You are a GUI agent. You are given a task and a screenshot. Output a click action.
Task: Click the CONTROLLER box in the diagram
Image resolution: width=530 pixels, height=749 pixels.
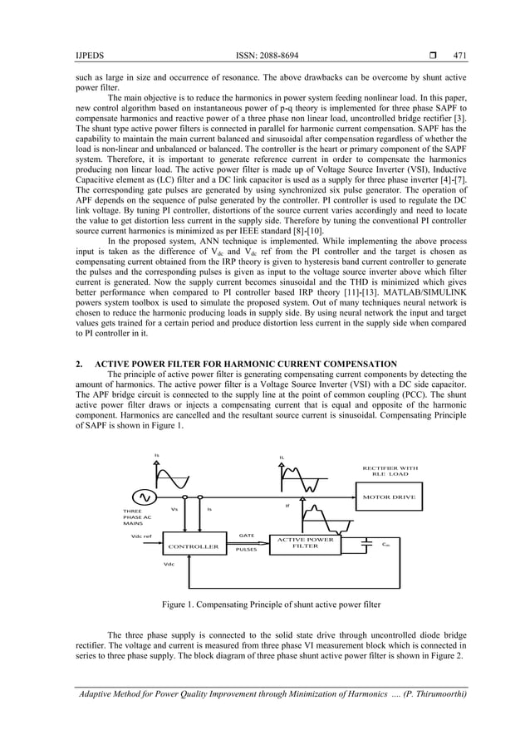193,547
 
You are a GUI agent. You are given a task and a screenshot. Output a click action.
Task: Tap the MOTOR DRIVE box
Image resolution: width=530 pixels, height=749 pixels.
389,497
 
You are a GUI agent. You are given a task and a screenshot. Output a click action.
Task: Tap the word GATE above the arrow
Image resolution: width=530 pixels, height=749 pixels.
246,536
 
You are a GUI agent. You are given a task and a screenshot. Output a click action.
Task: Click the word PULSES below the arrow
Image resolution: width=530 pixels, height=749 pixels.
248,550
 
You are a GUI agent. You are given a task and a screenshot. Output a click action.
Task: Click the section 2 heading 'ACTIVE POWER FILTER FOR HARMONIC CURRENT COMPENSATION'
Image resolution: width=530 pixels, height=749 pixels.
246,364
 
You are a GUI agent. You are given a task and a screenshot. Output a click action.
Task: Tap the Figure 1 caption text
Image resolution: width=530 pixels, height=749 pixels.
264,601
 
